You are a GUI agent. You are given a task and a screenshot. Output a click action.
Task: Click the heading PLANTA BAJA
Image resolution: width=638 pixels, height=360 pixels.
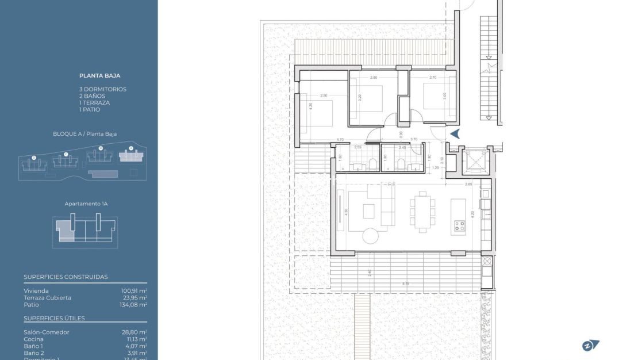pyautogui.click(x=99, y=75)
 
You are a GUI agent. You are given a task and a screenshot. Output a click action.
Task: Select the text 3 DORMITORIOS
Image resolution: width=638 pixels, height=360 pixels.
pyautogui.click(x=103, y=89)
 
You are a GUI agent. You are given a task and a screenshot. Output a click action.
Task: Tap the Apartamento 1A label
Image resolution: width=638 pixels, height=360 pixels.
pyautogui.click(x=86, y=204)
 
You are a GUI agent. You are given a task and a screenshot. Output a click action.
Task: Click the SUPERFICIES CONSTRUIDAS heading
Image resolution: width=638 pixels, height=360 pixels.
pyautogui.click(x=66, y=277)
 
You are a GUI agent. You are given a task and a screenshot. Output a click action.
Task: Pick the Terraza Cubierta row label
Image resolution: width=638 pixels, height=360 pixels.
pyautogui.click(x=48, y=298)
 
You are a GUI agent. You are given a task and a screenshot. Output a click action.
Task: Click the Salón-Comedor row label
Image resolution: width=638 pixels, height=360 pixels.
pyautogui.click(x=47, y=332)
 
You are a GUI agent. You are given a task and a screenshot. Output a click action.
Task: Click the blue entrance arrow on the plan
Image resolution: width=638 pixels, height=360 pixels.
pyautogui.click(x=455, y=134)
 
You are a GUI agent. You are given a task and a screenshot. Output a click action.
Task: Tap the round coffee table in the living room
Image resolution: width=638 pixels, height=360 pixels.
pyautogui.click(x=371, y=236)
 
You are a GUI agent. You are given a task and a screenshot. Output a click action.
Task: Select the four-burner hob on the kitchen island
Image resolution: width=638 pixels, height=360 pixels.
pyautogui.click(x=459, y=226)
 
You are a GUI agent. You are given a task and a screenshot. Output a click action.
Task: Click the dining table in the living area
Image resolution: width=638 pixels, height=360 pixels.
pyautogui.click(x=422, y=212)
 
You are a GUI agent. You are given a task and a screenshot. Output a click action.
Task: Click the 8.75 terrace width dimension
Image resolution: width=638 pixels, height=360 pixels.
pyautogui.click(x=406, y=284)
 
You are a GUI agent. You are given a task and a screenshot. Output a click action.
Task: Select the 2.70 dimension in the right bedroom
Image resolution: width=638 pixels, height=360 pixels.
pyautogui.click(x=433, y=77)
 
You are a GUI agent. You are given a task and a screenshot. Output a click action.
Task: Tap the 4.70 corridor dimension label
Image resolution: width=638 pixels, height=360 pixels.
pyautogui.click(x=340, y=140)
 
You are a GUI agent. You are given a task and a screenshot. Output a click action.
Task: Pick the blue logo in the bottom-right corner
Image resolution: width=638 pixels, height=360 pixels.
pyautogui.click(x=590, y=345)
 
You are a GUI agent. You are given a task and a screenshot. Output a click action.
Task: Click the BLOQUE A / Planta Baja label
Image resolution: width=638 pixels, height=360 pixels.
pyautogui.click(x=84, y=134)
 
